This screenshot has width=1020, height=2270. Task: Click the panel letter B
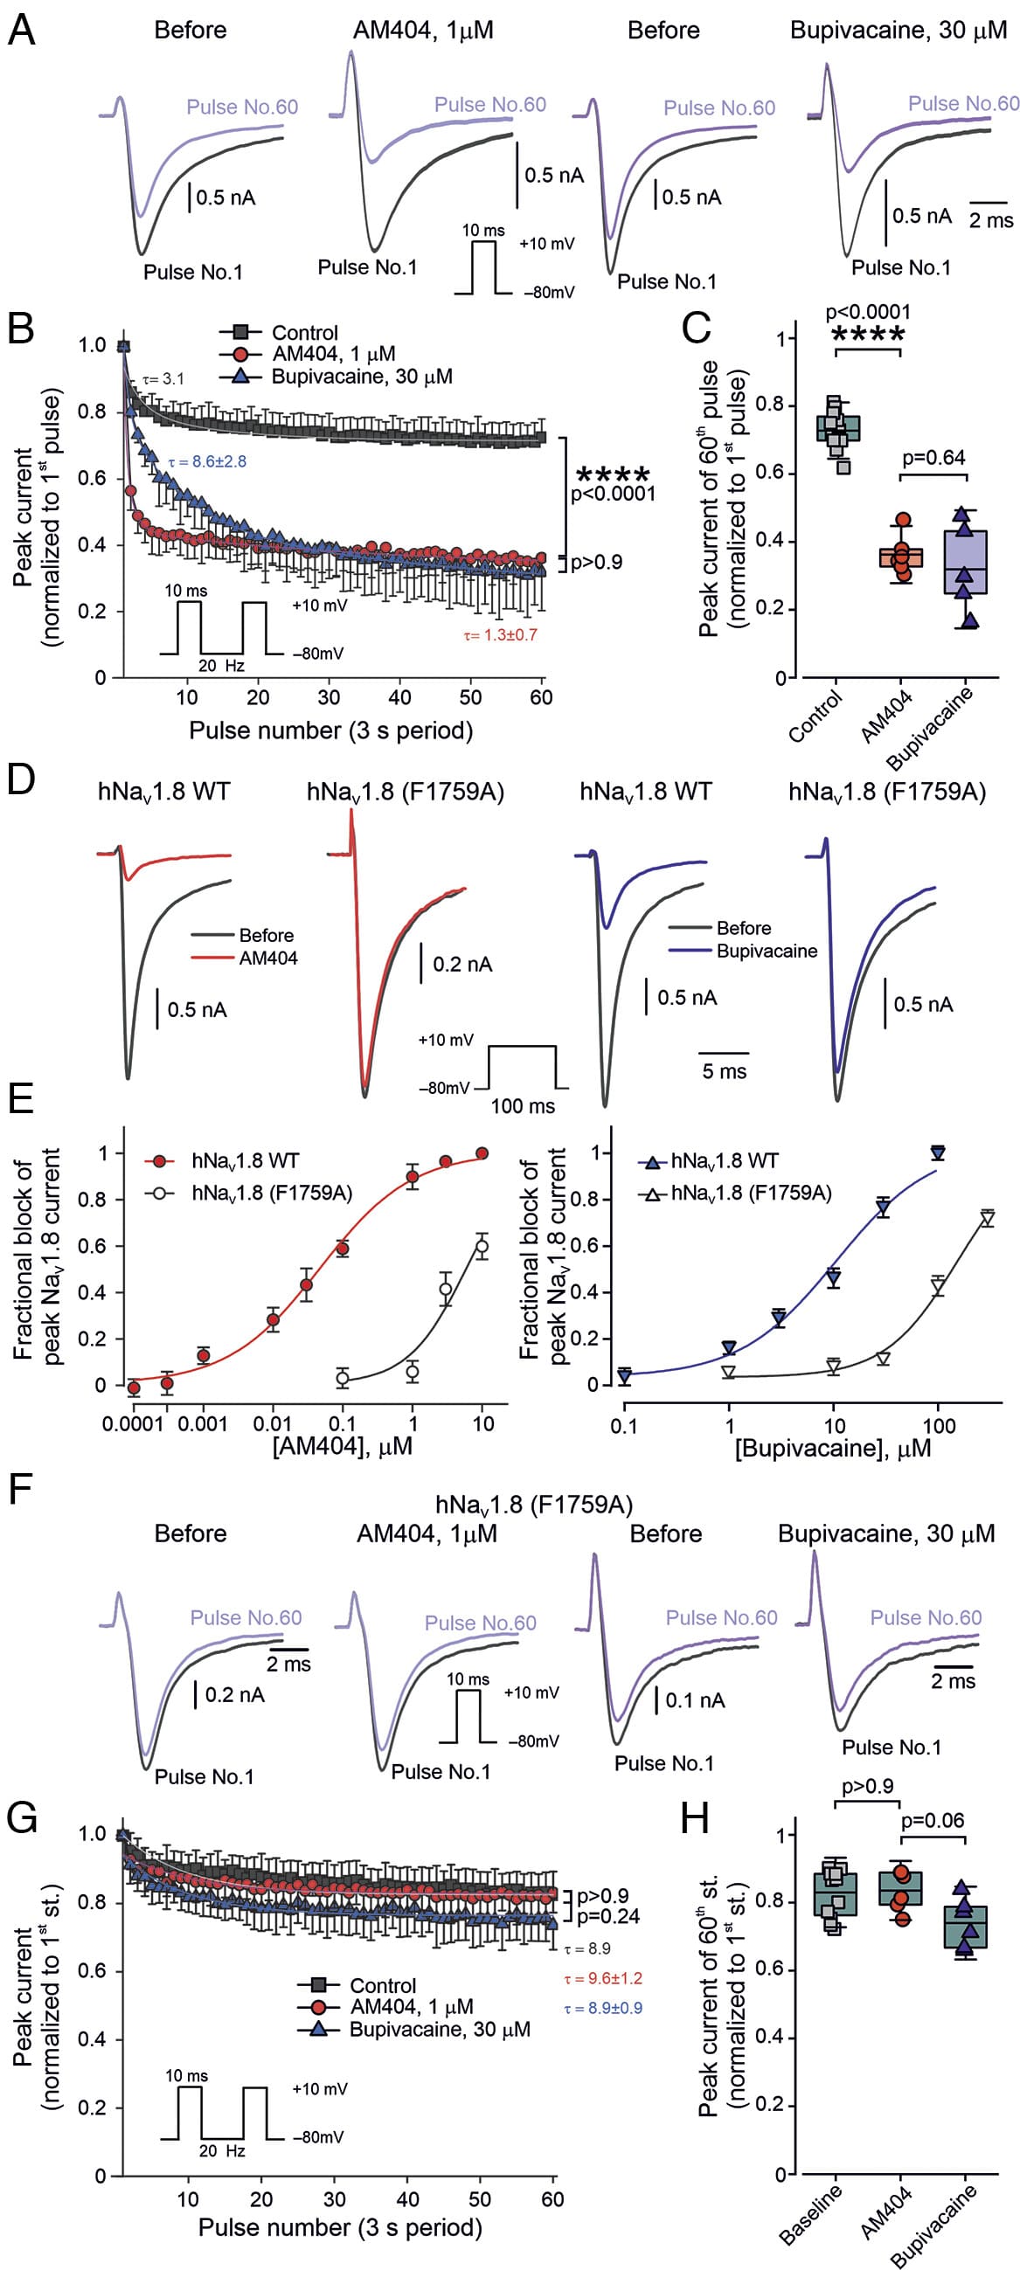coord(20,328)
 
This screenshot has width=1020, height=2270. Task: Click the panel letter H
coord(696,1820)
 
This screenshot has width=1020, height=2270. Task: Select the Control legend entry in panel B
coord(304,333)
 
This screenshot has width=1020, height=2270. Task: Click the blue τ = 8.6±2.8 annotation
coord(207,461)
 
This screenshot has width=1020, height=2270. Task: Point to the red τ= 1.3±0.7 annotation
coord(500,635)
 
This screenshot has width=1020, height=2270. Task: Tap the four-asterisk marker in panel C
coord(868,335)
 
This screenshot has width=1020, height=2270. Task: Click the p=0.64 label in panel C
coord(933,458)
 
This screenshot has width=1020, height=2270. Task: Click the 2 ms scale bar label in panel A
coord(991,220)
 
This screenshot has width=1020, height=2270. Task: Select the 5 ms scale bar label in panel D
coord(724,1071)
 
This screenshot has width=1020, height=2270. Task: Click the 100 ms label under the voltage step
coord(523,1106)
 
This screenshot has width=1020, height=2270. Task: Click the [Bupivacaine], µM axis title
coord(833,1449)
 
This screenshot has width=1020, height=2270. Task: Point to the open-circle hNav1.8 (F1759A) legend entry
coord(272,1194)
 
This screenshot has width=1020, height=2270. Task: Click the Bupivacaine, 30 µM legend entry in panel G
coord(440,2030)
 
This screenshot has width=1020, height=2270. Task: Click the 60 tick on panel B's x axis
coord(541,698)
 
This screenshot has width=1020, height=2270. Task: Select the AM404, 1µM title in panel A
coord(423,31)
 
